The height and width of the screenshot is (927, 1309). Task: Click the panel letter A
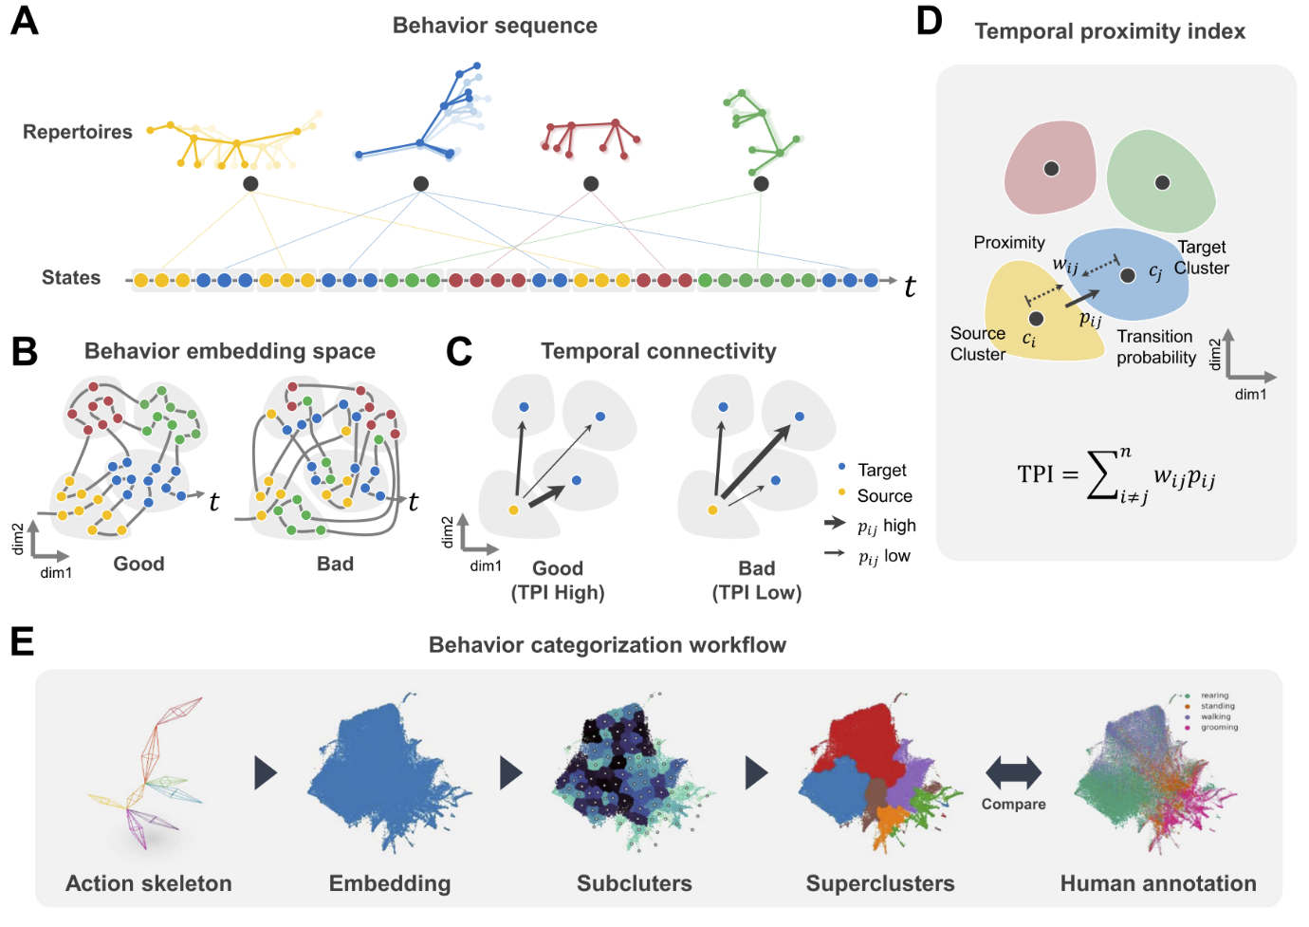(x=24, y=21)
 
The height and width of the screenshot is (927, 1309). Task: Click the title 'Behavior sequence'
(x=494, y=26)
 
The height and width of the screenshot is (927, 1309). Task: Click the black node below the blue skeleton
(x=421, y=184)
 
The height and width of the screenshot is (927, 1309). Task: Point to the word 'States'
(x=71, y=278)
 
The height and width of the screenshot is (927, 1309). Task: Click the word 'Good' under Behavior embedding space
(x=138, y=564)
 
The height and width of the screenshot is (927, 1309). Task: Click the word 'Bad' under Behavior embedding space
(x=335, y=564)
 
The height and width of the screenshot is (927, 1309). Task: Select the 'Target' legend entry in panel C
(x=881, y=470)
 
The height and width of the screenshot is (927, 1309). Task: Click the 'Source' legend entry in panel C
(x=884, y=496)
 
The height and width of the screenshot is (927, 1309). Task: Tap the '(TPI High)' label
(x=558, y=593)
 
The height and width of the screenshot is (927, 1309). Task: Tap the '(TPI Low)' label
(x=757, y=593)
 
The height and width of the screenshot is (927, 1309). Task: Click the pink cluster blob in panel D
(x=1049, y=169)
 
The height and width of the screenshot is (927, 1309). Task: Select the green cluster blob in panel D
(x=1161, y=181)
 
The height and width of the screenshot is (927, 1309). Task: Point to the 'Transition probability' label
(x=1155, y=347)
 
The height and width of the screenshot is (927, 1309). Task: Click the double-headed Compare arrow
(x=1013, y=772)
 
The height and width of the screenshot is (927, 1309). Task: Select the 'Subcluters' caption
(x=634, y=883)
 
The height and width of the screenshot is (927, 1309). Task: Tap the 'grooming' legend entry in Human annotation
(x=1219, y=728)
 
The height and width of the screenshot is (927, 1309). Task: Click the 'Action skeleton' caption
(x=149, y=883)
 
